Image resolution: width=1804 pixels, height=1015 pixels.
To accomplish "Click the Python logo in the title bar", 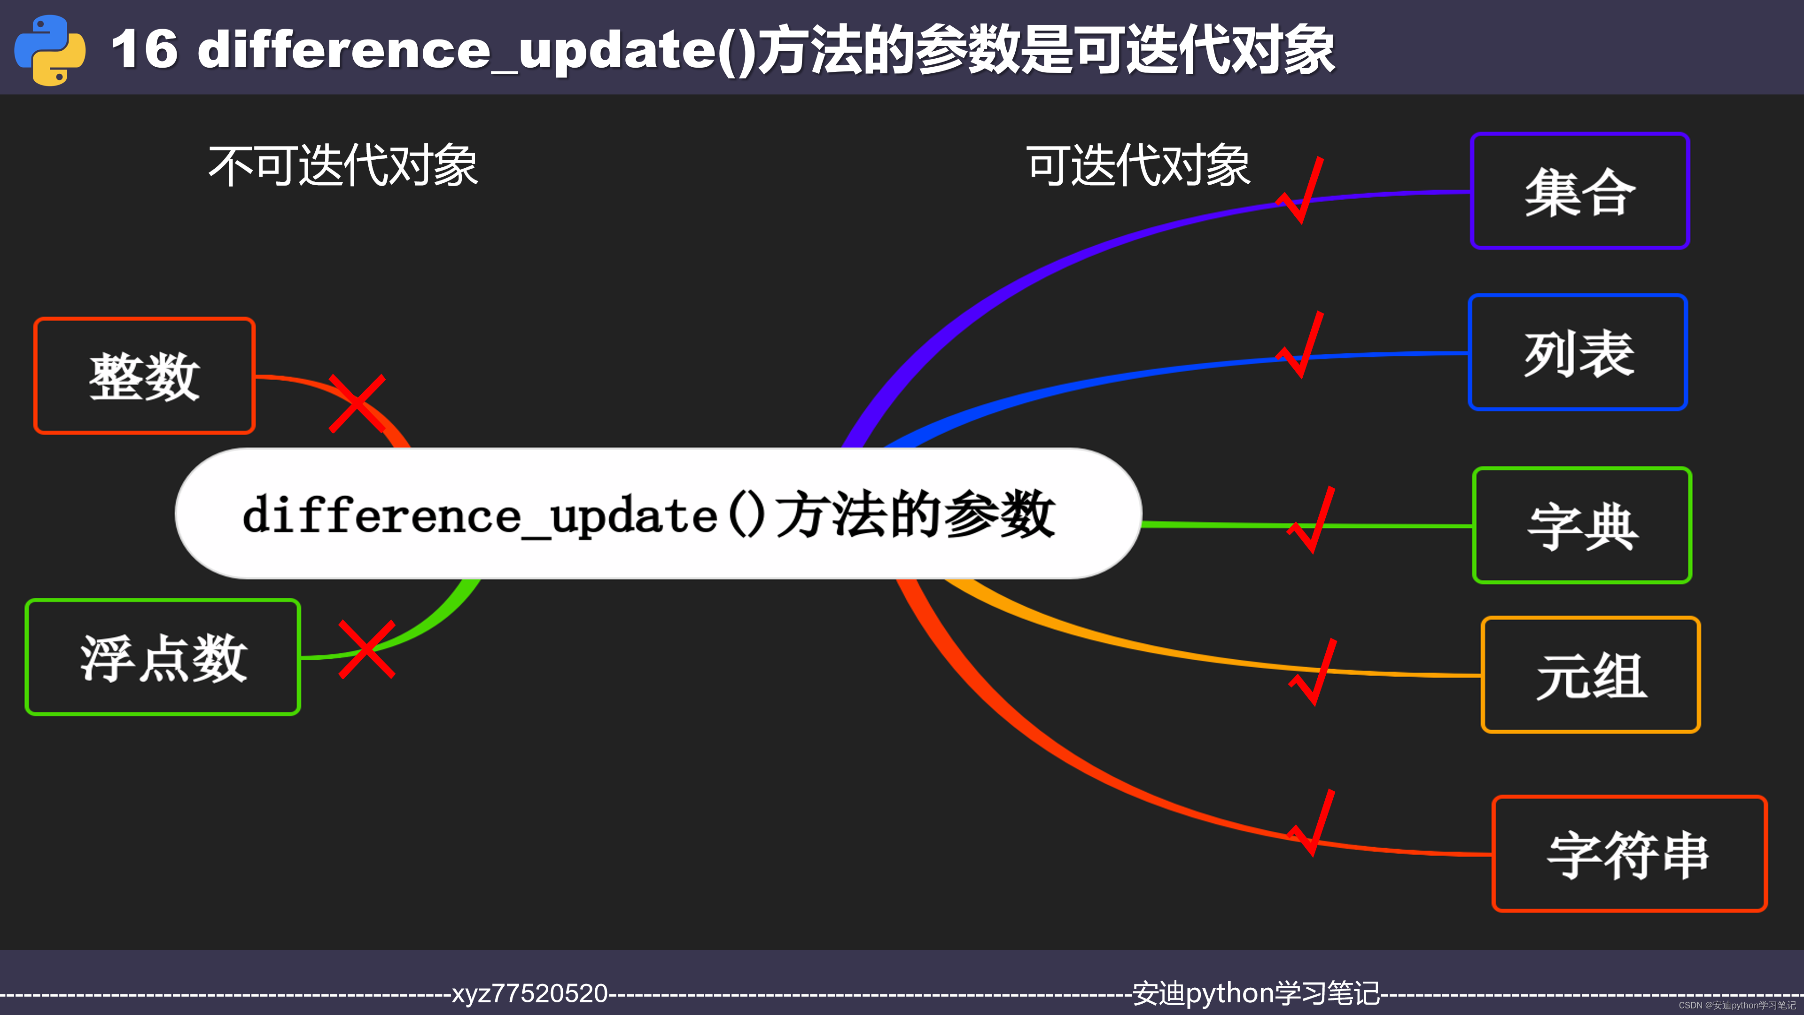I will point(50,50).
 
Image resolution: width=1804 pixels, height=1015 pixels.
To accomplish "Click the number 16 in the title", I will point(144,50).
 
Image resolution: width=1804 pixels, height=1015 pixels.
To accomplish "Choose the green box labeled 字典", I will point(1581,525).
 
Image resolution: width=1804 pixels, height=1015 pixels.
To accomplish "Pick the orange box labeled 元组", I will point(1590,675).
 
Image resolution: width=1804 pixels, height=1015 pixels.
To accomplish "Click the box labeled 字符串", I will point(1628,854).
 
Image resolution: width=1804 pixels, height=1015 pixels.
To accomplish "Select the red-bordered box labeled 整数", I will point(144,376).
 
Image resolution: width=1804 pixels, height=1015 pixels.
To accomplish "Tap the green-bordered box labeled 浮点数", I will point(163,657).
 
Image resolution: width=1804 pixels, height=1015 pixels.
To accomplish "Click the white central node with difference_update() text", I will point(658,514).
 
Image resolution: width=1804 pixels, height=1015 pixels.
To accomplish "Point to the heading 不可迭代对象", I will point(343,166).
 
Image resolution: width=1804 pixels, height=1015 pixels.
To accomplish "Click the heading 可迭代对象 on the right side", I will point(1138,166).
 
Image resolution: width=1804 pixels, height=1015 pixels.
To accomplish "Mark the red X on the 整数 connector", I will point(357,404).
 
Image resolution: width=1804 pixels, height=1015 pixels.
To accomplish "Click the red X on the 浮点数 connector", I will point(366,649).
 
